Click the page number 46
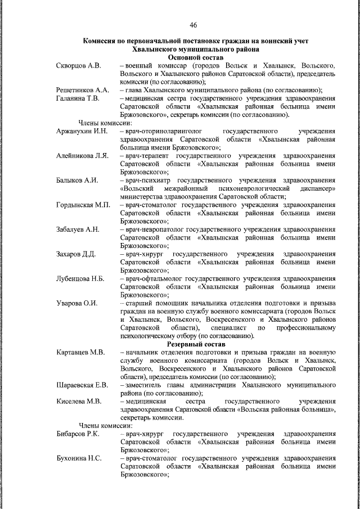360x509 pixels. click(193, 25)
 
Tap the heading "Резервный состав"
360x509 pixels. click(196, 344)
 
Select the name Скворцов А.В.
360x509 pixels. click(79, 66)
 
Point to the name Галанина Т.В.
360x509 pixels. click(78, 99)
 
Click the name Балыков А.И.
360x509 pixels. click(77, 180)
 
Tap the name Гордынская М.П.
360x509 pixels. click(83, 205)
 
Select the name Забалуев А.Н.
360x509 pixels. click(78, 229)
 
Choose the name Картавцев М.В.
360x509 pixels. click(80, 352)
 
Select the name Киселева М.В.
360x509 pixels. click(78, 401)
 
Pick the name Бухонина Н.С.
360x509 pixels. click(79, 458)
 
